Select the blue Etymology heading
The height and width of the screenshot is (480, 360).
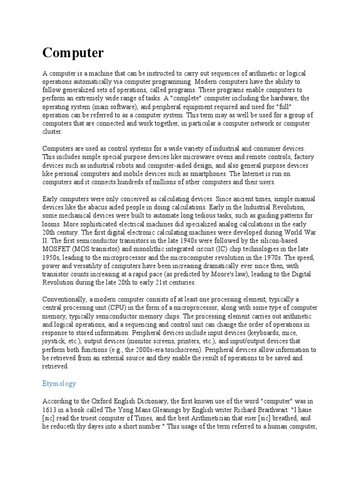(59, 383)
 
